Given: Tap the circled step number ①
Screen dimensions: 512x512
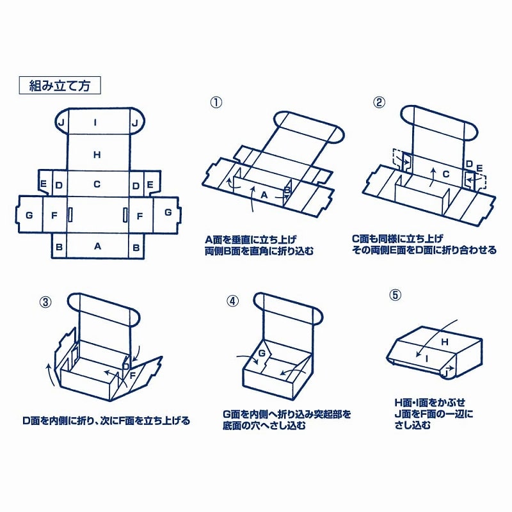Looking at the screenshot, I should click(216, 102).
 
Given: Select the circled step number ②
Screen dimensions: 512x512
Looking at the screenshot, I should click(380, 102).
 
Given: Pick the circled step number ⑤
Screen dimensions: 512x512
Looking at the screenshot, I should click(395, 294).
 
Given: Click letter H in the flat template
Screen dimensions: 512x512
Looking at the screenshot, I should click(97, 154).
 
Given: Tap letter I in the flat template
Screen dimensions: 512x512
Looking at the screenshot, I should click(95, 122).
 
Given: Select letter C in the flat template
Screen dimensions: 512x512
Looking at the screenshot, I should click(97, 184).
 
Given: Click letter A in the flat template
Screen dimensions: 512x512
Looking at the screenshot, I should click(97, 246).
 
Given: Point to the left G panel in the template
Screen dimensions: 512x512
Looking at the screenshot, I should click(29, 214).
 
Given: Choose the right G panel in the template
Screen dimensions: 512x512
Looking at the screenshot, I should click(168, 212).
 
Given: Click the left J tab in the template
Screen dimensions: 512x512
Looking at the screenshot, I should click(61, 122).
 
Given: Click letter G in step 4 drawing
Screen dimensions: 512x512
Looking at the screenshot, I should click(262, 353).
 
